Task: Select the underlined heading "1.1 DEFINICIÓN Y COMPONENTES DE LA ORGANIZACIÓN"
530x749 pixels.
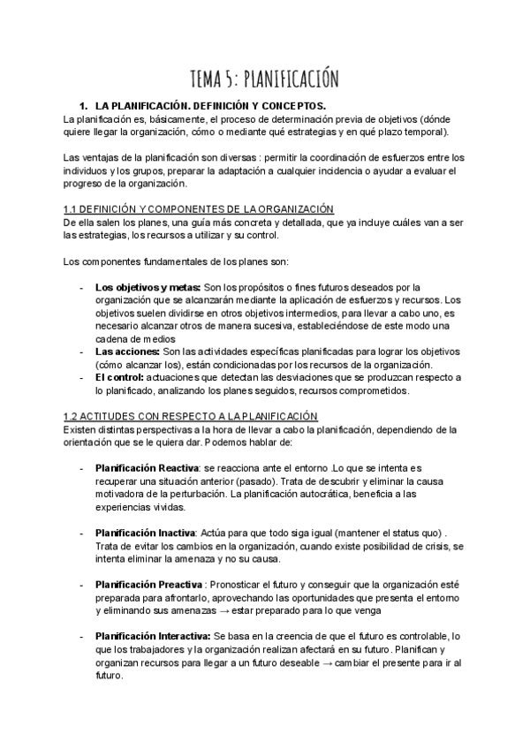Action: [x=198, y=208]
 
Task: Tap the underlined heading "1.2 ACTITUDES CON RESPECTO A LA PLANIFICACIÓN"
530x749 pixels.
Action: [x=191, y=416]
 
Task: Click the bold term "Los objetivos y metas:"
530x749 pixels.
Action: [x=148, y=288]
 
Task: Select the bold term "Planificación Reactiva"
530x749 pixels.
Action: [x=147, y=467]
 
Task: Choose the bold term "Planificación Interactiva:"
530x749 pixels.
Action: [x=152, y=636]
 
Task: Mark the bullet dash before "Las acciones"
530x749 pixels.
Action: [x=81, y=352]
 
